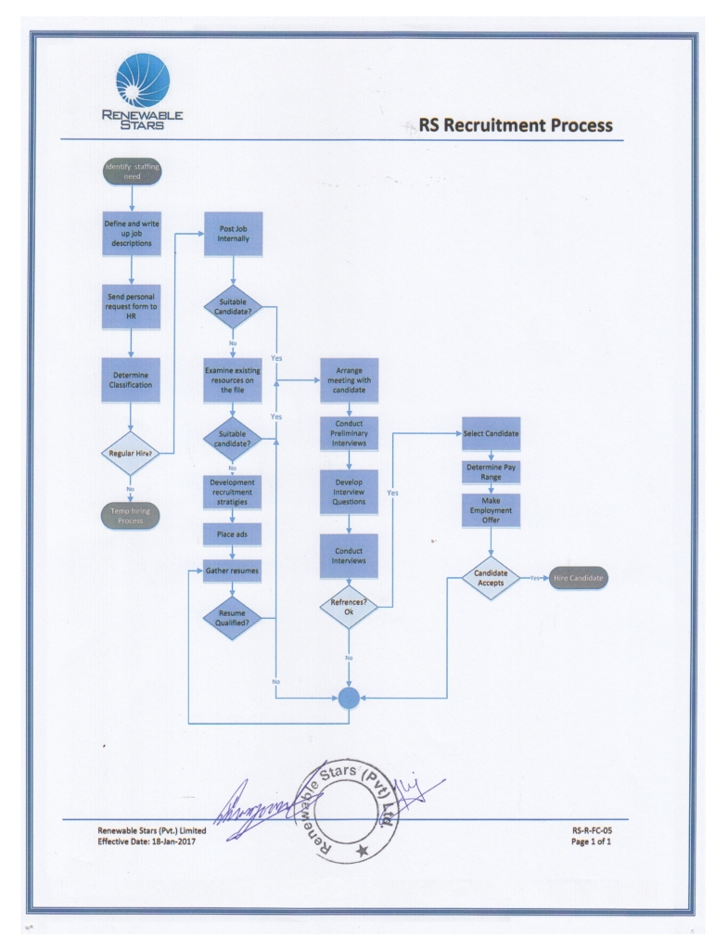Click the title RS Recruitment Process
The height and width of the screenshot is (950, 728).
516,125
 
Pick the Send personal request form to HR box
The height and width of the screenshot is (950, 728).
131,307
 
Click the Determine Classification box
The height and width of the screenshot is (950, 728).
131,379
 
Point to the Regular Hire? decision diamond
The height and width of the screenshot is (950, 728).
131,453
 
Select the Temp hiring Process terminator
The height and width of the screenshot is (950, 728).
131,516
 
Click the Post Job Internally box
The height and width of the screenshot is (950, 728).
233,234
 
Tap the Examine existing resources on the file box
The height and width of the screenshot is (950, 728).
233,379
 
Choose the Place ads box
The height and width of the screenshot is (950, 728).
233,535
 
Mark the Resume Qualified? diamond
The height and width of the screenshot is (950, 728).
233,618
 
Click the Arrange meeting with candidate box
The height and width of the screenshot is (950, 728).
349,379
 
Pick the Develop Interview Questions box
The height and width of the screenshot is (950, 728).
349,493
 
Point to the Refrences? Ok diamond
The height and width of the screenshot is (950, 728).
349,606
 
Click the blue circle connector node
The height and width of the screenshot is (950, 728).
349,698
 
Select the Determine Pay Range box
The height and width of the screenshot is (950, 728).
491,472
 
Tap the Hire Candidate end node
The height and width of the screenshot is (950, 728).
579,578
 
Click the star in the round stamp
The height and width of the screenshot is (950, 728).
362,850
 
